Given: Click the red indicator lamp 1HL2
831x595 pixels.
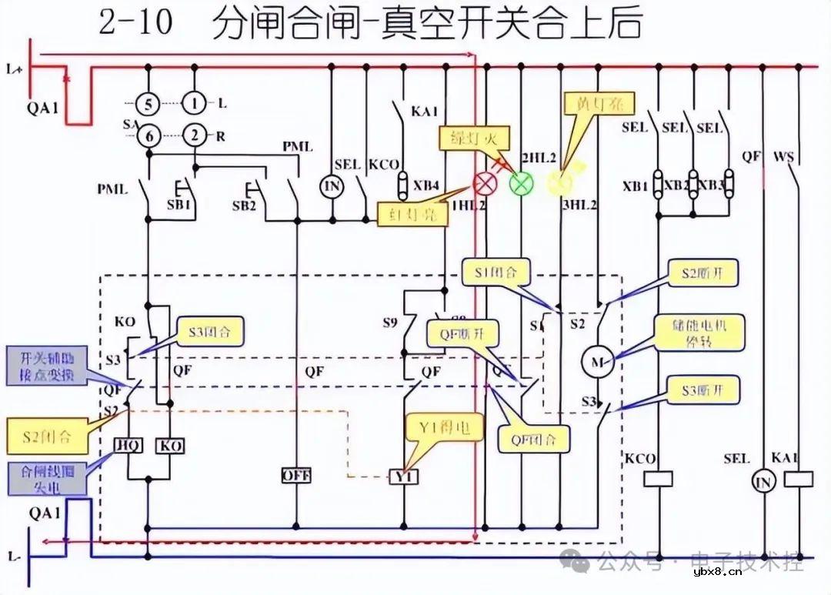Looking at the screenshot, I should coord(485,183).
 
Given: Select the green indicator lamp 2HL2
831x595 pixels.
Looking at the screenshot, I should coord(522,183).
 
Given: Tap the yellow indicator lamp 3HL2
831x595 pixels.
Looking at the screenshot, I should coord(559,183).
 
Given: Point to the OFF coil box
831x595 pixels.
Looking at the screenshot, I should coord(296,476).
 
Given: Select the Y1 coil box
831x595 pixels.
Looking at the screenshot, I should coord(403,477).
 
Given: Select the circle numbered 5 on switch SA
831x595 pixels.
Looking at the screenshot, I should coord(148,102).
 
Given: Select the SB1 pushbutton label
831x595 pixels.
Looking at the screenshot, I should coord(179,205).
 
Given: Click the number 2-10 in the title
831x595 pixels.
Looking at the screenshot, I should coord(136,24).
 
